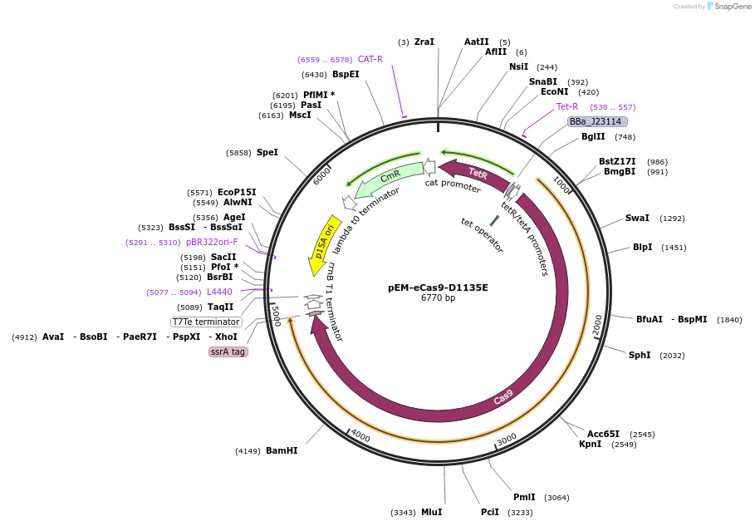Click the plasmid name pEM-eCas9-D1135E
(x=438, y=288)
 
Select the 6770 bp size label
(x=438, y=298)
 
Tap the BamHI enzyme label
(x=282, y=451)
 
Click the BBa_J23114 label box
(x=596, y=121)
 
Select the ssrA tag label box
(x=228, y=352)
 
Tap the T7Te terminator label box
(x=206, y=322)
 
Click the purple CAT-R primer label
(x=370, y=59)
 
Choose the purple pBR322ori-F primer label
(x=212, y=243)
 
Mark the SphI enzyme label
(x=640, y=356)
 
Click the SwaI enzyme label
(x=637, y=219)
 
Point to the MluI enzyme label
(x=432, y=513)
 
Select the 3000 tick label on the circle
(x=507, y=438)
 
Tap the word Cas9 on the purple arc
(x=503, y=398)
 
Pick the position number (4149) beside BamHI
(x=248, y=451)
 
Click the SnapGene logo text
(x=733, y=7)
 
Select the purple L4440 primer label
(x=219, y=292)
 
